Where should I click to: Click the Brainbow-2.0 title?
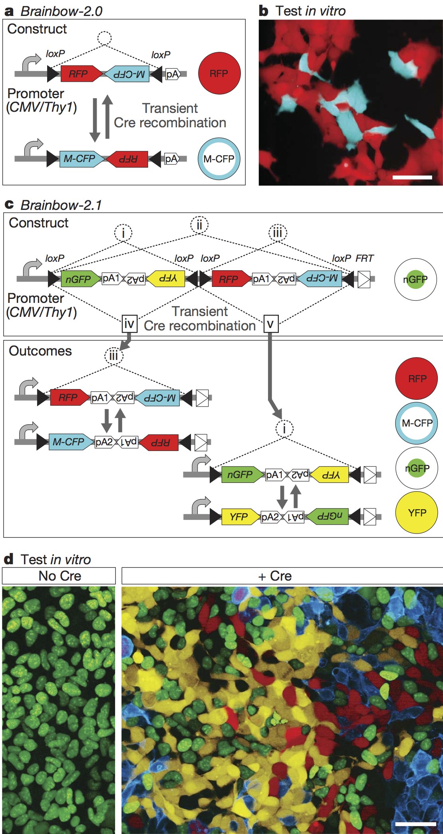coord(62,11)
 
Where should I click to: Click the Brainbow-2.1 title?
coord(61,205)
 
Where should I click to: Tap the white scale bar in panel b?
coord(412,177)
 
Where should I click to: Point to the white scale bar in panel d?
coord(415,823)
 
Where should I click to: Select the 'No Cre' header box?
coord(59,576)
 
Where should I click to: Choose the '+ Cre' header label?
coord(275,576)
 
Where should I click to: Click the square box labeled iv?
coord(129,324)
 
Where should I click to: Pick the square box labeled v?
coord(270,324)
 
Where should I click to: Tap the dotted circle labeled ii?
coord(199,225)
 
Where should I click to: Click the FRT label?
coord(364,259)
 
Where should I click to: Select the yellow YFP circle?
coord(417,513)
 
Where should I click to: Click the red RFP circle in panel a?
coord(219,73)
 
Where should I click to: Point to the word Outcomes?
coord(40,351)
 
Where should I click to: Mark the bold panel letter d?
coord(8,559)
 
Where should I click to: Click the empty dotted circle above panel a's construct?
coord(105,38)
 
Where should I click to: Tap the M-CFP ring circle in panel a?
coord(219,159)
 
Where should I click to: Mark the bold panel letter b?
coord(264,11)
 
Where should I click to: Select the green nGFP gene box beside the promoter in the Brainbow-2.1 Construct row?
coord(79,279)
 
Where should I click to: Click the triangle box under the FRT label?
coord(364,279)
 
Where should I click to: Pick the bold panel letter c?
coord(9,205)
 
